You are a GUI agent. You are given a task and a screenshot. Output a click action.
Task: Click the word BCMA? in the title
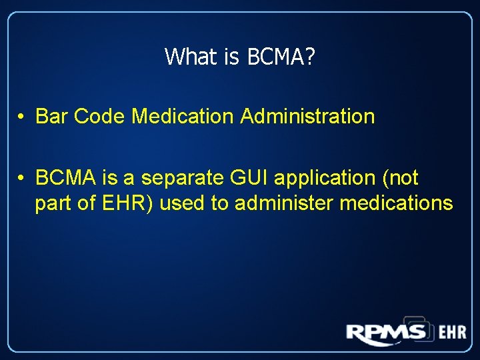point(281,57)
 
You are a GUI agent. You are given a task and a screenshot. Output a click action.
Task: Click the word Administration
point(307,117)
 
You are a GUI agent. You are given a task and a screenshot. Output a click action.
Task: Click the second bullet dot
point(22,179)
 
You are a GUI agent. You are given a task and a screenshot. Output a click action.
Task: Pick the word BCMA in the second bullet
point(63,178)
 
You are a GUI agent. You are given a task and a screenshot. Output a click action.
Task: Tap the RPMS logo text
point(386,331)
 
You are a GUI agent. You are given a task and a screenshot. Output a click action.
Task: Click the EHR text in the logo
point(452,332)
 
